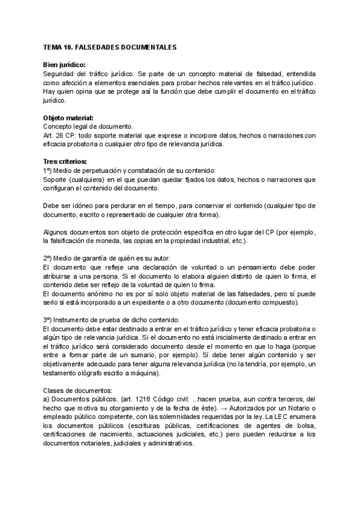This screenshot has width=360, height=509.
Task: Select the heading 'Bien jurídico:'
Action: point(64,65)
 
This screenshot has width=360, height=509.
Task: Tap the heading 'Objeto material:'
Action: point(68,118)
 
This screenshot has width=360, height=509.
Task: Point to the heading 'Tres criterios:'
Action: point(65,161)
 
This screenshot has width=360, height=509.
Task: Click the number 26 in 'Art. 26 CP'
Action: point(59,136)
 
